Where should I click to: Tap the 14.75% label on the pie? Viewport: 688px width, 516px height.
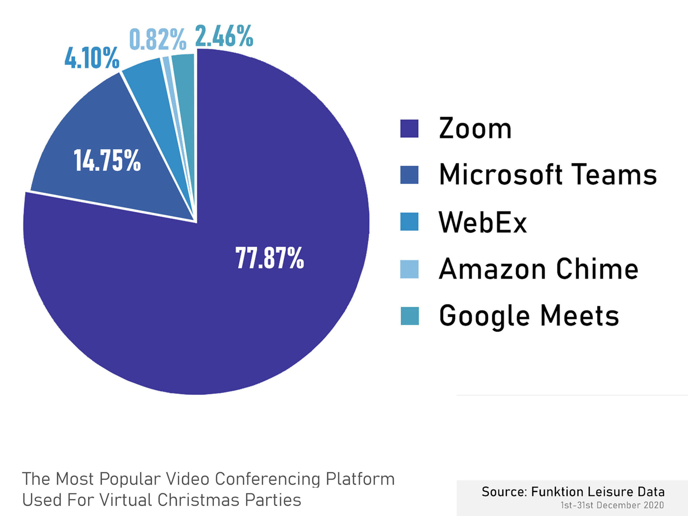[107, 160]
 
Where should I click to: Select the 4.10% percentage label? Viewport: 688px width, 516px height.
[92, 58]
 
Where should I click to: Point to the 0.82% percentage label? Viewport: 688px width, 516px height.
[158, 39]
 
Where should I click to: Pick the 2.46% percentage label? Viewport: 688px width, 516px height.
[224, 36]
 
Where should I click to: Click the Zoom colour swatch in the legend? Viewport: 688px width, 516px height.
[409, 128]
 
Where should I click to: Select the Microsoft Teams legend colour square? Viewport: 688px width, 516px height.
[409, 175]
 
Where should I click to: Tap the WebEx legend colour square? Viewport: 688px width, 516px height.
[409, 222]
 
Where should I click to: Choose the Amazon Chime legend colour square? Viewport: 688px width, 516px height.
[409, 269]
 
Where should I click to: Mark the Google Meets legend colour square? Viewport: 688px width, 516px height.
[409, 316]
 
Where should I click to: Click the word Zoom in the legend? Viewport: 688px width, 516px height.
[475, 128]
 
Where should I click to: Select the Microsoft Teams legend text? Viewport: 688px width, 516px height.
[548, 175]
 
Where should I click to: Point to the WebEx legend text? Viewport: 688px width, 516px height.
[483, 222]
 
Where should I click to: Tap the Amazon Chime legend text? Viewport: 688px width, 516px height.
[538, 269]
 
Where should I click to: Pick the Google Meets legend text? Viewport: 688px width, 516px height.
[529, 316]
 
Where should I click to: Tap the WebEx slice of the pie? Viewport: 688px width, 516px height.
[150, 85]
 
